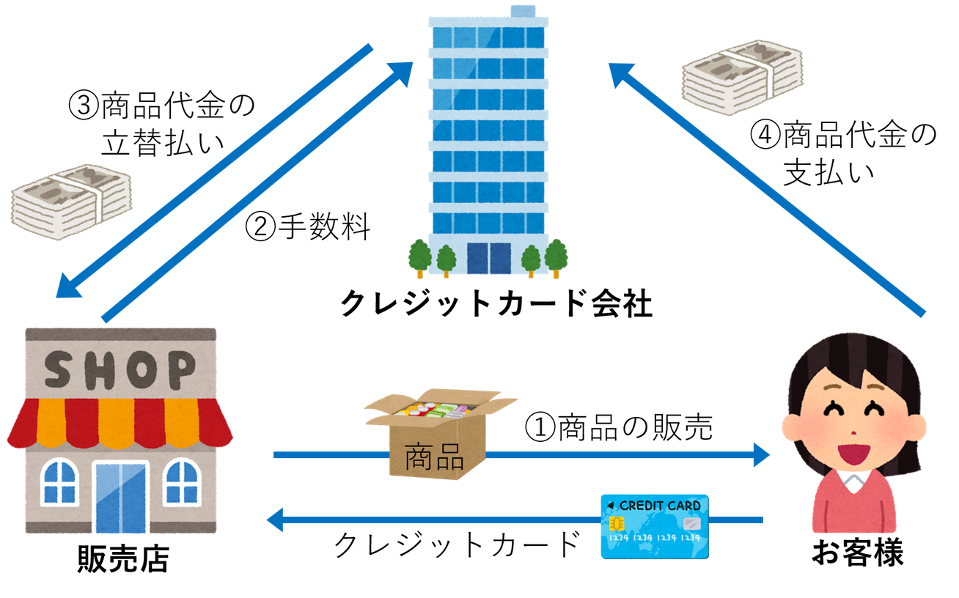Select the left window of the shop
pyautogui.click(x=60, y=483)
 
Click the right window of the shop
pyautogui.click(x=181, y=483)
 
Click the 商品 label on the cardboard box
pyautogui.click(x=434, y=457)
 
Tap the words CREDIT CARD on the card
pyautogui.click(x=659, y=506)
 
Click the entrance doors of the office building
pyautogui.click(x=489, y=258)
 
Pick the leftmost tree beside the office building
pyautogui.click(x=420, y=256)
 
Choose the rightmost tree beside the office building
pyautogui.click(x=556, y=256)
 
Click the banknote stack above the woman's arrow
pyautogui.click(x=741, y=76)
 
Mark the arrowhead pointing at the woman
pyautogui.click(x=761, y=455)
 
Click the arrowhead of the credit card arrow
pyautogui.click(x=275, y=521)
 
